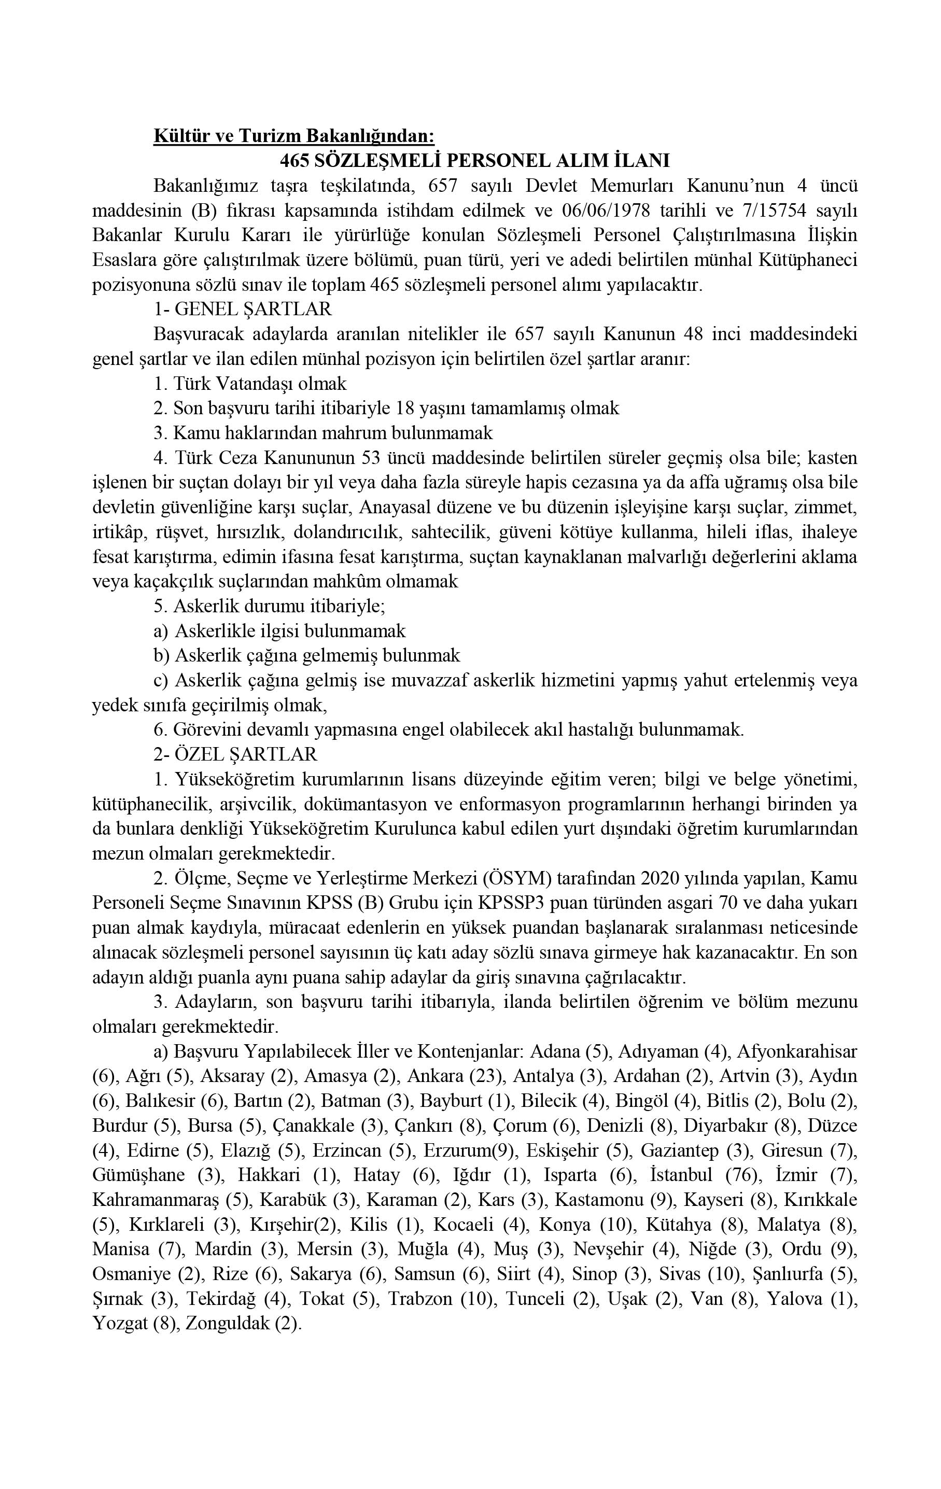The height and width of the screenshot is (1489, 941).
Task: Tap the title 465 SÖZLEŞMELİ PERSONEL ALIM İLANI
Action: (x=474, y=160)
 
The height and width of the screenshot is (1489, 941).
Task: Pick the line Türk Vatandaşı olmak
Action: (x=250, y=383)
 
